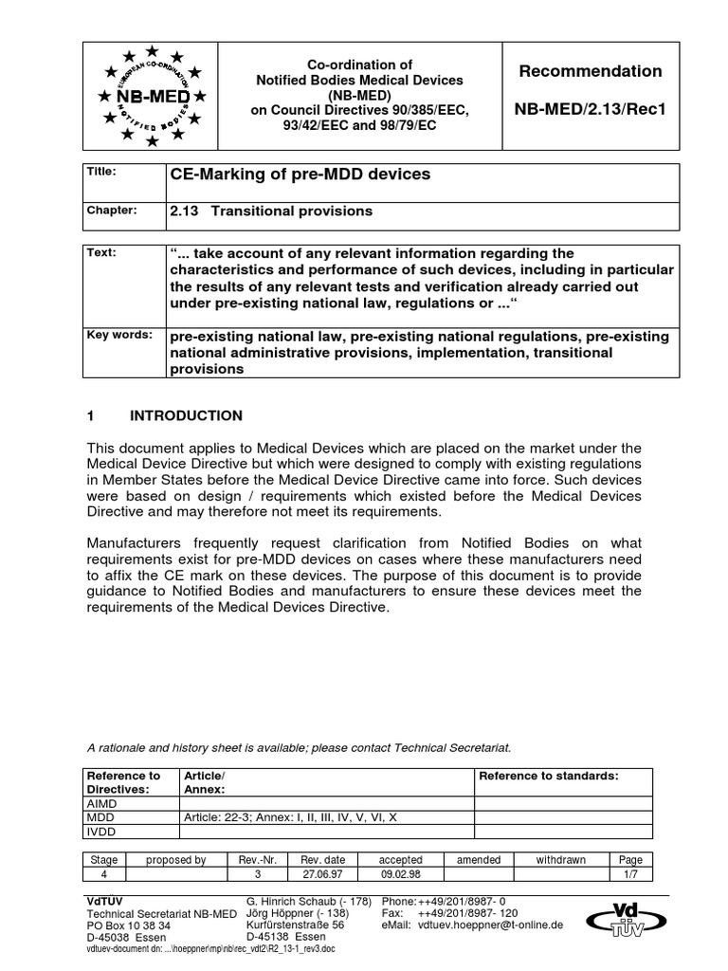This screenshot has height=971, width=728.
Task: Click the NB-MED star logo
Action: [x=152, y=96]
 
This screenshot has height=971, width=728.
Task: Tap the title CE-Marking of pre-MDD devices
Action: [x=299, y=174]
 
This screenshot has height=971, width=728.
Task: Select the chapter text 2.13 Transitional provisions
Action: [x=271, y=211]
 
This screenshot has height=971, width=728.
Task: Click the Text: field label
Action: [x=102, y=253]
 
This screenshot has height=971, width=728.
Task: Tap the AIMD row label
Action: [x=102, y=802]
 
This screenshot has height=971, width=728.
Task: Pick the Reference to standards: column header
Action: [x=549, y=776]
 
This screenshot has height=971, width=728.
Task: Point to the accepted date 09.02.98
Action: [x=400, y=875]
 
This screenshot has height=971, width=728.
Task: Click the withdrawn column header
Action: [x=561, y=860]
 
